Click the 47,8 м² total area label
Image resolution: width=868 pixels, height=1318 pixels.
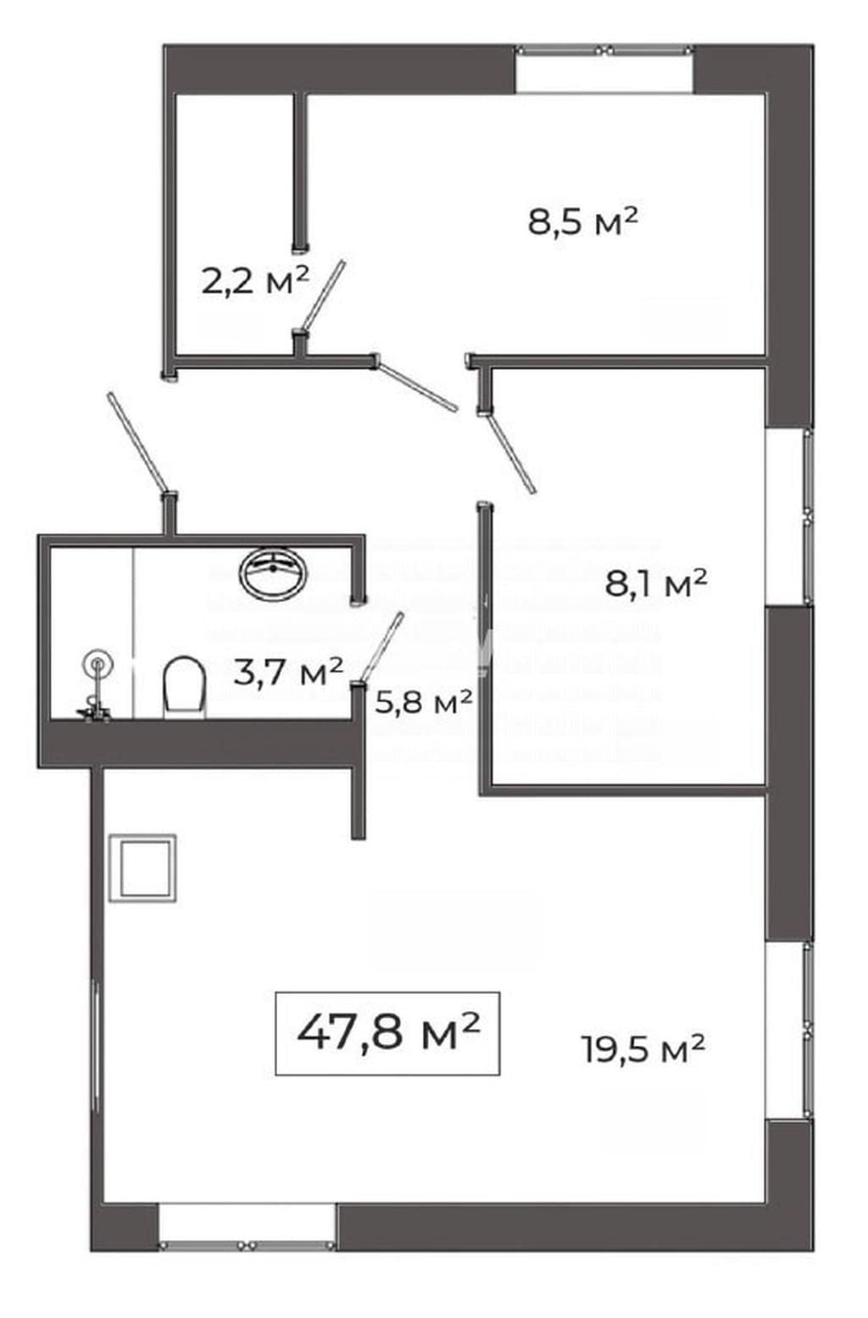(389, 1033)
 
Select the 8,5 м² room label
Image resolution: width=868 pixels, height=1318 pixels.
(583, 221)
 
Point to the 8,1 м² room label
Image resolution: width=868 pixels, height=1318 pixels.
(656, 584)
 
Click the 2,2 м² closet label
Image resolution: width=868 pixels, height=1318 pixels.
(254, 280)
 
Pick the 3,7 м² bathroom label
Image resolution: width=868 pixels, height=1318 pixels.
(288, 672)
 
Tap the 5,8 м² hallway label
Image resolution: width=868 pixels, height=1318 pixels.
(424, 701)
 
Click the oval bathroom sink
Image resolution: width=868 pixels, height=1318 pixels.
(273, 573)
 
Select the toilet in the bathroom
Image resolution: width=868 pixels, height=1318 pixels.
(185, 686)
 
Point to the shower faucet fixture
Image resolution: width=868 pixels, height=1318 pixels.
(95, 686)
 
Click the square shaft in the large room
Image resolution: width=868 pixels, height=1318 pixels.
(143, 868)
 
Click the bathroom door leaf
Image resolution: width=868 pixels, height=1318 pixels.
(381, 646)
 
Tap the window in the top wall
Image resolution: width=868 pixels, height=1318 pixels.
(604, 68)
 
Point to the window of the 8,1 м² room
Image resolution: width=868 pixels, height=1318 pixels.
(790, 516)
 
